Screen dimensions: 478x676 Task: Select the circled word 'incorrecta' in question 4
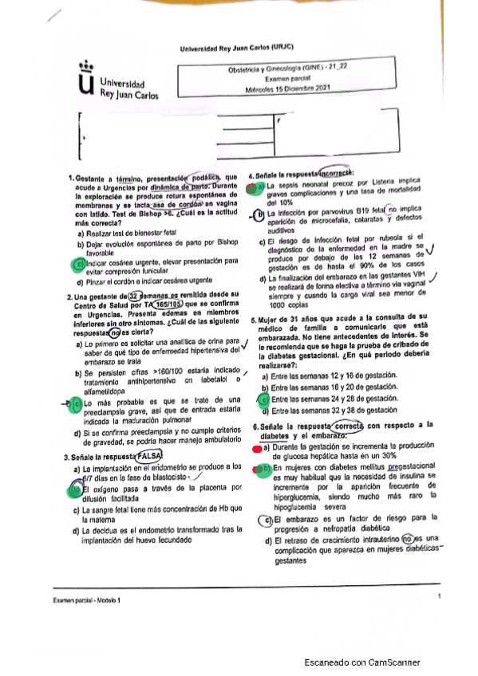point(340,175)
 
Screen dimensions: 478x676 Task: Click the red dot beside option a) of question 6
point(255,450)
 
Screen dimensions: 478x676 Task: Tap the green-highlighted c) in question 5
point(264,399)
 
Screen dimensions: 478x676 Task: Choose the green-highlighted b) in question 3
point(76,489)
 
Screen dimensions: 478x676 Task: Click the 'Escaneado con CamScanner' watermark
point(366,661)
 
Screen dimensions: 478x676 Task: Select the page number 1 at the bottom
point(439,595)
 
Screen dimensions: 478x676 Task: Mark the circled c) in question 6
point(267,521)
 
